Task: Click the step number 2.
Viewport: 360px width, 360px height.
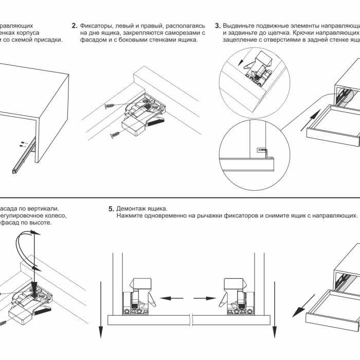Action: click(75, 26)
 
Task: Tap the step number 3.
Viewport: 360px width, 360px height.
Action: click(218, 26)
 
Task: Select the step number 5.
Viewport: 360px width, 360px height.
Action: click(111, 209)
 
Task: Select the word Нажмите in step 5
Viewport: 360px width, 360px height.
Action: click(130, 216)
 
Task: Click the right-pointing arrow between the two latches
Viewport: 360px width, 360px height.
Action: click(205, 298)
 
